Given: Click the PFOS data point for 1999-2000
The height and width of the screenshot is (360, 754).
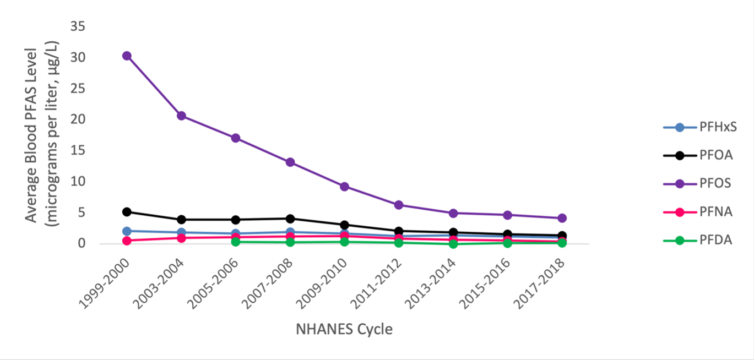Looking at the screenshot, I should [x=127, y=56].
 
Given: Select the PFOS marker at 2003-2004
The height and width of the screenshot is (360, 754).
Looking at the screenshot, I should [x=181, y=116].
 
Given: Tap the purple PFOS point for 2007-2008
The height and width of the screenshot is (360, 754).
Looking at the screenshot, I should [x=290, y=162].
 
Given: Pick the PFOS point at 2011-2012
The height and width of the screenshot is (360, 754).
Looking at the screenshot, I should [x=399, y=205].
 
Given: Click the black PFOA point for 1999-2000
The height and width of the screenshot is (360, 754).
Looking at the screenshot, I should [x=127, y=211].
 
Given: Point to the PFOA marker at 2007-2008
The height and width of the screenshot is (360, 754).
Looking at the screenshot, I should [x=290, y=219].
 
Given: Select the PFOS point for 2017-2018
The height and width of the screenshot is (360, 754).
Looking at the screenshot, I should [x=562, y=218].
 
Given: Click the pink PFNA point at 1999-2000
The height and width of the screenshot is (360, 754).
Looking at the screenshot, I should [x=127, y=241].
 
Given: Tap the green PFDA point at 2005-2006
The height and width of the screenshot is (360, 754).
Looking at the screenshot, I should [x=235, y=242].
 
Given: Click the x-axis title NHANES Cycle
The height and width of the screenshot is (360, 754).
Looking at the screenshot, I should [x=344, y=330].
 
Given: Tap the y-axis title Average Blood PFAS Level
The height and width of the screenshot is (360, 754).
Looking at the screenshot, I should [x=31, y=135].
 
